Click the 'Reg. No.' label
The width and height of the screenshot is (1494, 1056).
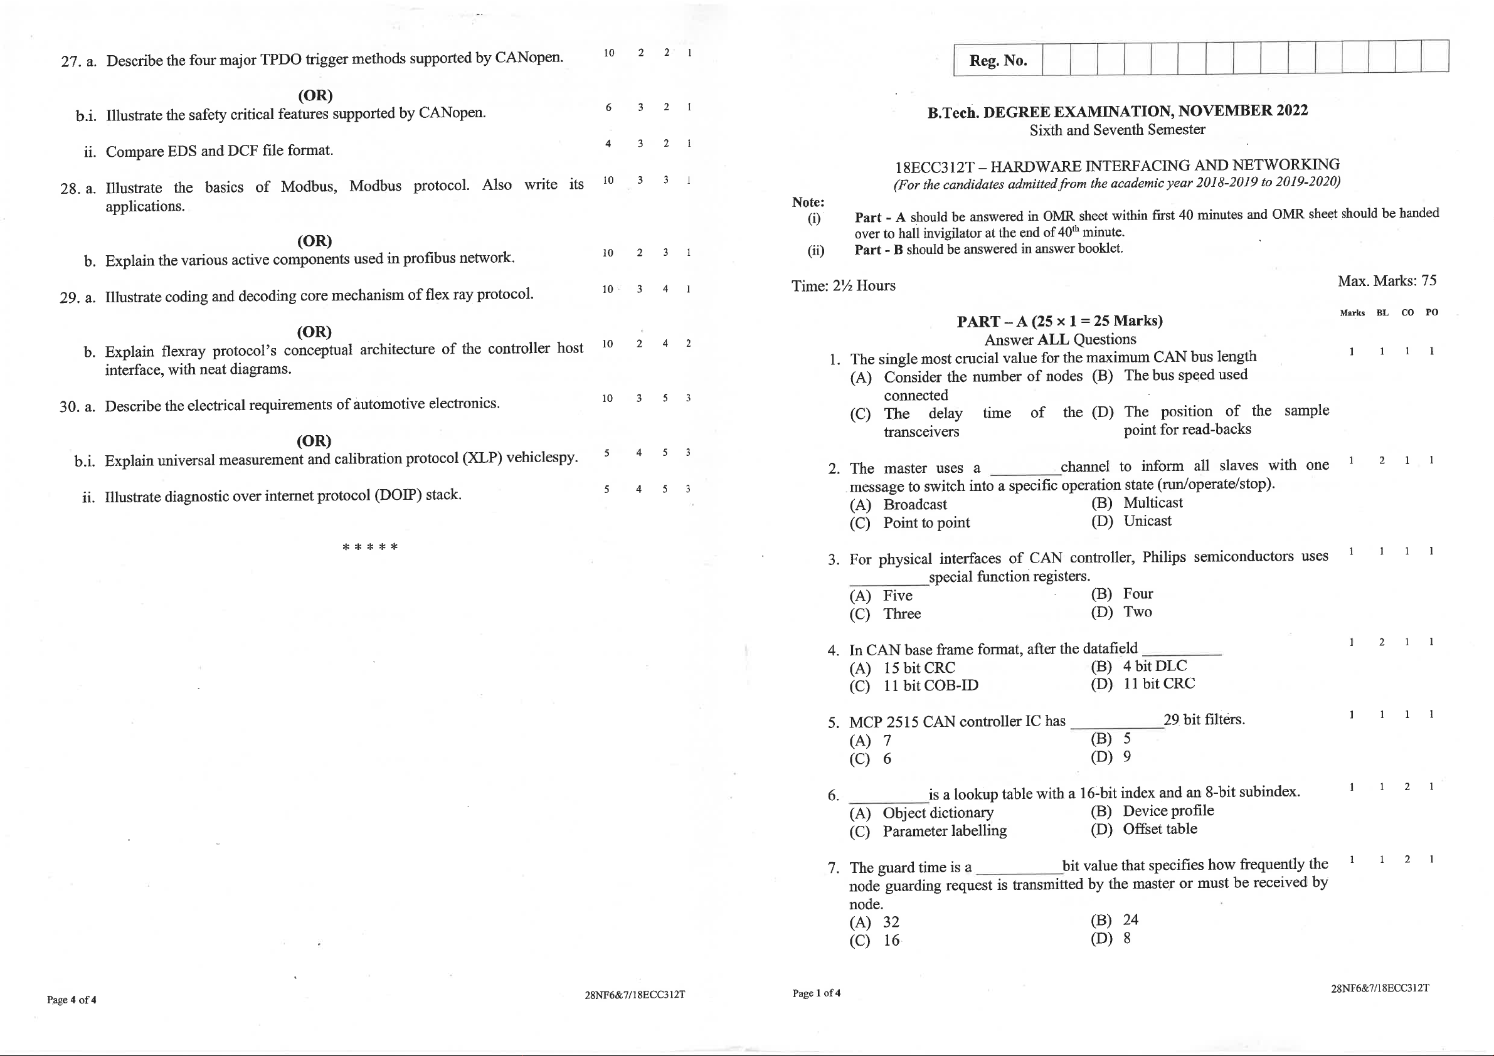(997, 60)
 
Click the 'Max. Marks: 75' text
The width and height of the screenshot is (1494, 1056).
(1387, 280)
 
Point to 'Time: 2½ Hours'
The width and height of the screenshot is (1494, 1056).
(843, 285)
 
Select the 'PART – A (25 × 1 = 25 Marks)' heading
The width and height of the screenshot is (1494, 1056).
(1059, 321)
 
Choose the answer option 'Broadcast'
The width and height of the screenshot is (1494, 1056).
(915, 504)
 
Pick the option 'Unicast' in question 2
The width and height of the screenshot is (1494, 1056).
(1147, 520)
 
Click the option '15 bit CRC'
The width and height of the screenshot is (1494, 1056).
(919, 668)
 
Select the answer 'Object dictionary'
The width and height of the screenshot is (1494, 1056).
(938, 813)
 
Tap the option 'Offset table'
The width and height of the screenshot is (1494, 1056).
(1160, 829)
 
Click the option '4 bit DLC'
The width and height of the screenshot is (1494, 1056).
(1155, 665)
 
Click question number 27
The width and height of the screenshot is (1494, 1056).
(70, 62)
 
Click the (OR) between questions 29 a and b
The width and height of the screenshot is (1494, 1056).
(314, 332)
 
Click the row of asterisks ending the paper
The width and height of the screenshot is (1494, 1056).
(369, 547)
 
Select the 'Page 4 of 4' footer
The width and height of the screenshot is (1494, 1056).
(72, 1000)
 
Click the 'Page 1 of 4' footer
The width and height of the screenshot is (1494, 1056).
(816, 993)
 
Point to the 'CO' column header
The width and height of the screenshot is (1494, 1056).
(1407, 312)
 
